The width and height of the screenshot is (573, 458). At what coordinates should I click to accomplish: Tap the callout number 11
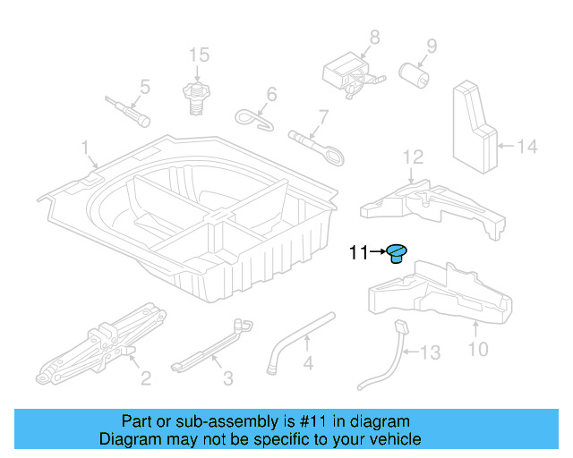tap(358, 254)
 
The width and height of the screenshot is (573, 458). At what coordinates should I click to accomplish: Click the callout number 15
tap(199, 55)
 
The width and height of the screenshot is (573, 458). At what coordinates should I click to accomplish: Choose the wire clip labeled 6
tap(257, 117)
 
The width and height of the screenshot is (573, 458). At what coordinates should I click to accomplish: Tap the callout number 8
tap(374, 37)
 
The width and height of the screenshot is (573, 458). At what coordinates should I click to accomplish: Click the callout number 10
tap(478, 348)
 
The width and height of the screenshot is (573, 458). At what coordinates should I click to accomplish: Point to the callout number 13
tap(431, 353)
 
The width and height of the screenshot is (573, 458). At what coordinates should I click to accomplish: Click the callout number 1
tap(86, 146)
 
